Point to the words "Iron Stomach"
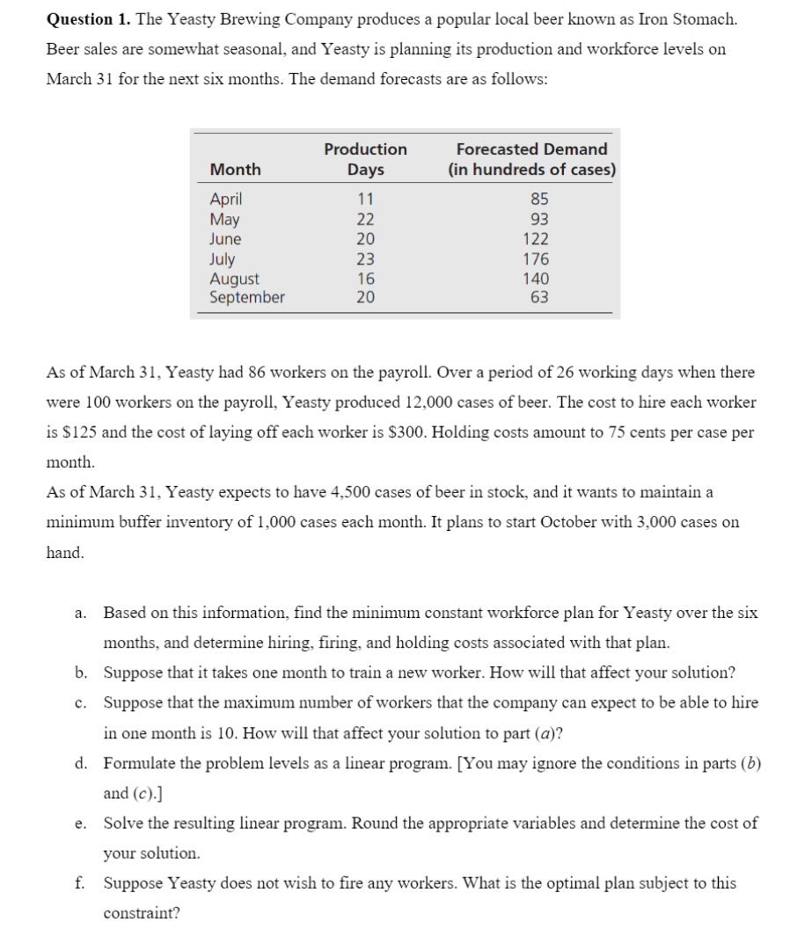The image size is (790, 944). pos(691,18)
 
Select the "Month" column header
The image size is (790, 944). pos(235,169)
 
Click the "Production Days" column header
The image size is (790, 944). pos(365,159)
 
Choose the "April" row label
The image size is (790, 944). pos(226,200)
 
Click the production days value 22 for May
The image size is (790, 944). pos(365,220)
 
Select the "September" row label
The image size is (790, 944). pos(246,298)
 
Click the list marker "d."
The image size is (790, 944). pos(80,763)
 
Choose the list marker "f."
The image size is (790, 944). pos(80,883)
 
